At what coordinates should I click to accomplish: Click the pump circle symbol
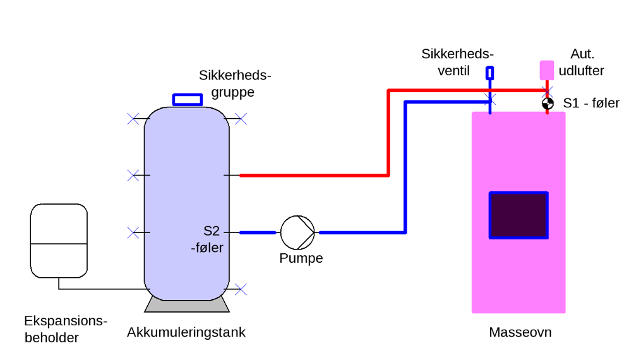coord(297,232)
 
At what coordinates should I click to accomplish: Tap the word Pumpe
coord(301,258)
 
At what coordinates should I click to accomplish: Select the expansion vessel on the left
coord(59,241)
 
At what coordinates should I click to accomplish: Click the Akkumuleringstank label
coord(186,332)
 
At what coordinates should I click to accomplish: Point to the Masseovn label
coord(520,332)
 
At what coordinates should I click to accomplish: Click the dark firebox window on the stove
coord(518,215)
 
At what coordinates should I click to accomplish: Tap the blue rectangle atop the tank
coord(188,100)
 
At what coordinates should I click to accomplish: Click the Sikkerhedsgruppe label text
coord(234,84)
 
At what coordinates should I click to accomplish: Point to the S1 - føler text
coord(591,103)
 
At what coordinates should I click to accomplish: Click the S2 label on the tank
coord(210,231)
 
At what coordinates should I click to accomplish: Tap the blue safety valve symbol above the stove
coord(489,73)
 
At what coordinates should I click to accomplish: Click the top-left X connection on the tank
coord(133,118)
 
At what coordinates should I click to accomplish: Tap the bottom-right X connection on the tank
coord(240,289)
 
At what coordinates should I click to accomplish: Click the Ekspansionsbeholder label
coord(62,329)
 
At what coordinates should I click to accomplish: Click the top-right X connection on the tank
coord(240,118)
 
